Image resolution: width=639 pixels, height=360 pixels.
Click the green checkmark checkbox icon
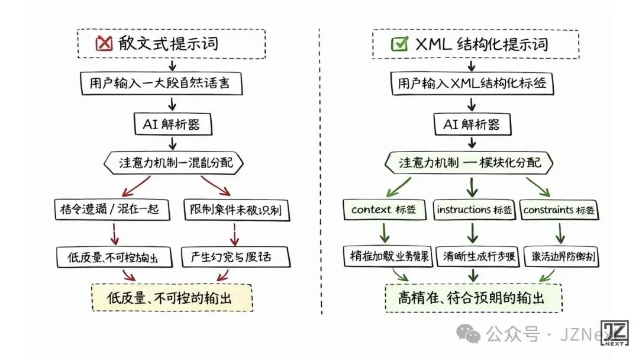pos(399,44)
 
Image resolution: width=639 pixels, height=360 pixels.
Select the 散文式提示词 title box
pos(172,43)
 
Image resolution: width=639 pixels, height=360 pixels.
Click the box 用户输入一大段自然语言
pos(162,84)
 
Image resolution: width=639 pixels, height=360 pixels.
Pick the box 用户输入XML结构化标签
pos(472,84)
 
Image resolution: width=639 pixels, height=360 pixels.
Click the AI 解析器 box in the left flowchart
pos(172,124)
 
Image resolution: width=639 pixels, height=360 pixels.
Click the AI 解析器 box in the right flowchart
pos(471,124)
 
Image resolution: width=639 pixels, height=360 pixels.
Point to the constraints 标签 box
pos(559,210)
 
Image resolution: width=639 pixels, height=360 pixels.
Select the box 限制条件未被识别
pos(235,210)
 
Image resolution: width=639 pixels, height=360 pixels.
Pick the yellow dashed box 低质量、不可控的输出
pos(172,297)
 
